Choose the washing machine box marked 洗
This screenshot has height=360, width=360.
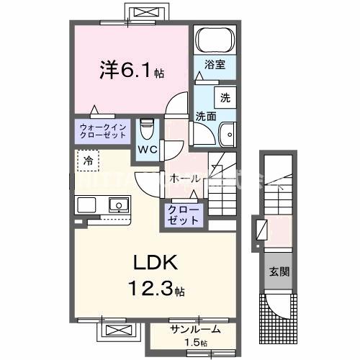[225, 98]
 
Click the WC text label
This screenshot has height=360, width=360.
[148, 149]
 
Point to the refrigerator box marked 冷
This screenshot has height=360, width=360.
[87, 161]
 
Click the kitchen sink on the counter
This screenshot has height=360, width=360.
[118, 206]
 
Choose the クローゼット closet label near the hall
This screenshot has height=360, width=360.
[185, 215]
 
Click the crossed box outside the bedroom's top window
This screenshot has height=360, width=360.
[150, 12]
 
